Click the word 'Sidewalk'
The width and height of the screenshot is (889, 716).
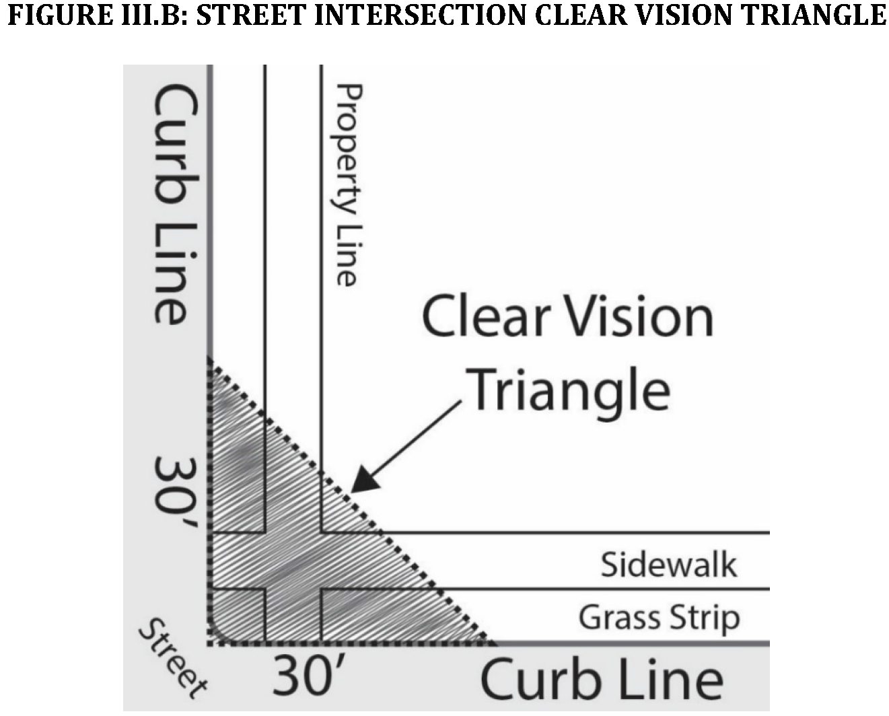pos(668,564)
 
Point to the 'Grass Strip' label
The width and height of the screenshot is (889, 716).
pos(659,618)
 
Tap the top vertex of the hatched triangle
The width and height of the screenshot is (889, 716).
pos(210,359)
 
